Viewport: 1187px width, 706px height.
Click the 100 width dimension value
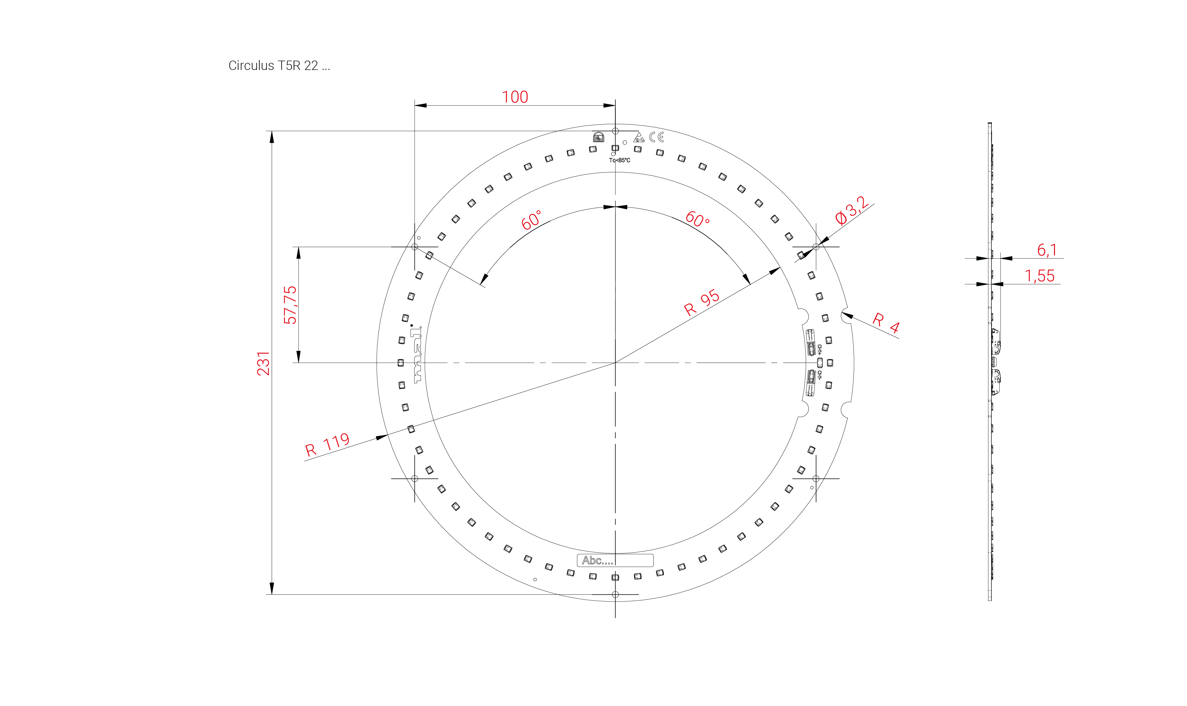(x=515, y=97)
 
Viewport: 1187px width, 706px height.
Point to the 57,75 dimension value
(x=290, y=305)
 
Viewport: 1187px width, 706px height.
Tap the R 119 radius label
(x=327, y=445)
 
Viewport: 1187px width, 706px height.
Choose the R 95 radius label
(x=701, y=303)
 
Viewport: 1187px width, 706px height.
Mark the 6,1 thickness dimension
(x=1046, y=250)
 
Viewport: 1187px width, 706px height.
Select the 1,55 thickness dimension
(x=1039, y=276)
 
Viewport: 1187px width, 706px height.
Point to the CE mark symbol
(x=656, y=137)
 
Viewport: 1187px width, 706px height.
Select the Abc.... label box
(x=615, y=560)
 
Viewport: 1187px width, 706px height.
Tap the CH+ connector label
(x=819, y=350)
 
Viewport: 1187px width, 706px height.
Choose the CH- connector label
(x=819, y=375)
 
